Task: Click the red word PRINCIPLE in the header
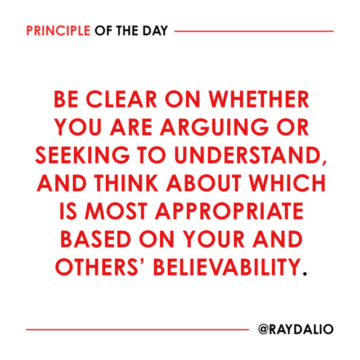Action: pos(58,31)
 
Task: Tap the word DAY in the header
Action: pos(155,31)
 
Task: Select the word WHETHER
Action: pos(259,99)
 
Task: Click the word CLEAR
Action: pos(121,99)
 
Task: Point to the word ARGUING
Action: pos(214,127)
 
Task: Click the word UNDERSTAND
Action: pos(247,155)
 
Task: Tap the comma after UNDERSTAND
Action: pos(324,161)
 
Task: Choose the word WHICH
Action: pos(287,183)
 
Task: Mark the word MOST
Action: pos(116,211)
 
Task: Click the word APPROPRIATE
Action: pos(229,211)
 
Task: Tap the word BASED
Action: pos(96,239)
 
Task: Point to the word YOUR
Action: pos(214,239)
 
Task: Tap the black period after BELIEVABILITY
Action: pos(305,273)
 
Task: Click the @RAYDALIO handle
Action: pos(296,329)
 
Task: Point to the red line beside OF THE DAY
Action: pos(254,31)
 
